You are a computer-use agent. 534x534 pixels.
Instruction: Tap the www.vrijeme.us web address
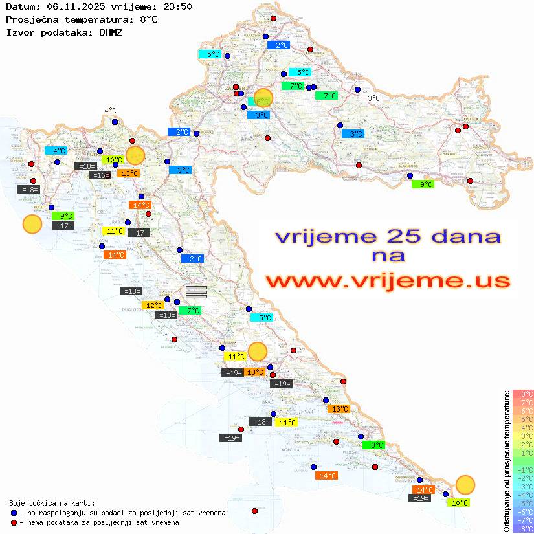[388, 282]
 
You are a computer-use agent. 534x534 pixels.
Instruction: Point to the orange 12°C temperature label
[153, 306]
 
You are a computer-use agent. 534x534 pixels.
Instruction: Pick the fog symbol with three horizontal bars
[196, 291]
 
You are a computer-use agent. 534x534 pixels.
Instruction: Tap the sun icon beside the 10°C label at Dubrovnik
[465, 484]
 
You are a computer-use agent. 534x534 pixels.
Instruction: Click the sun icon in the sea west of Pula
[32, 224]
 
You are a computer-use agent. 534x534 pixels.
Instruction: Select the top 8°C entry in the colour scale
[523, 394]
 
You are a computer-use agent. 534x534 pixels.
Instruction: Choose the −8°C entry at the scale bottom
[523, 528]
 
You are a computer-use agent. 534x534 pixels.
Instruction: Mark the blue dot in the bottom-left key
[14, 513]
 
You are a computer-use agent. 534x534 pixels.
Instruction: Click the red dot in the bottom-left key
[14, 522]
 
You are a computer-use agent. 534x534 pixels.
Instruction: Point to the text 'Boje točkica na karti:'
[52, 503]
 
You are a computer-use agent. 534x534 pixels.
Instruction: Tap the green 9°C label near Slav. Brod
[423, 184]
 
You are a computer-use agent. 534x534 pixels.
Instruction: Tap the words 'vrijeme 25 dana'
[388, 236]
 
